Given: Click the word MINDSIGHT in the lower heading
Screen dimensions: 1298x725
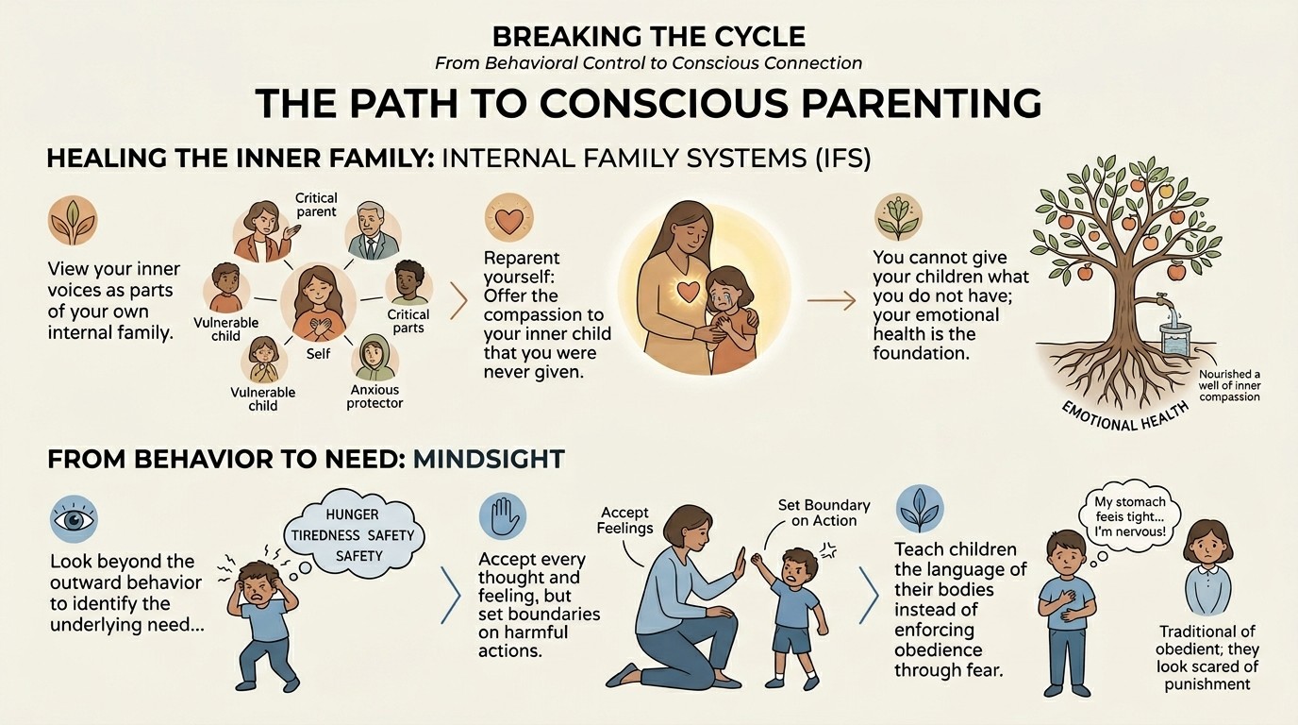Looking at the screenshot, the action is point(489,459).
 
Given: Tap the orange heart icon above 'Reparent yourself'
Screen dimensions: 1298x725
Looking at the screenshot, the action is point(508,219).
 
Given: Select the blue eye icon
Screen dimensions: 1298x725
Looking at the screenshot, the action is point(74,519).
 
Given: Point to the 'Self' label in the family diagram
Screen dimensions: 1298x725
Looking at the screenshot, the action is point(318,353).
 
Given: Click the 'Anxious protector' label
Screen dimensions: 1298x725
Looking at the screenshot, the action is point(374,396).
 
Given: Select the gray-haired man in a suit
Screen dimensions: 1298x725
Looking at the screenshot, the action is point(373,231).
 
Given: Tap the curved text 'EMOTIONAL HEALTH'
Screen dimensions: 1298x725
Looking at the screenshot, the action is point(1124,417).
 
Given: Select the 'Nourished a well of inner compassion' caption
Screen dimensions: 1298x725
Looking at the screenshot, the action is point(1229,386).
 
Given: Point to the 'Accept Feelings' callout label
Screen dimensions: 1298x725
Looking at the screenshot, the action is point(624,520).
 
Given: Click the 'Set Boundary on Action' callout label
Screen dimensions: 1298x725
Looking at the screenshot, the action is point(824,513).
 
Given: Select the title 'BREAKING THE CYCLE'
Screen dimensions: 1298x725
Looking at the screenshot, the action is point(648,37).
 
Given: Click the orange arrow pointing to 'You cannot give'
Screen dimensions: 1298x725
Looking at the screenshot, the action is point(831,300).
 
